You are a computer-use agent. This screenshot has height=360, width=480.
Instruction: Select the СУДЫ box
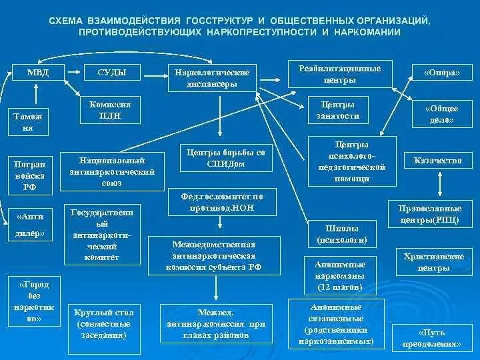111,72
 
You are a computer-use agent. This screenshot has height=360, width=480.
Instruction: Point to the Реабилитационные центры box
340,73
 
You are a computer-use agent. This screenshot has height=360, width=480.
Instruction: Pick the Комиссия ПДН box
109,111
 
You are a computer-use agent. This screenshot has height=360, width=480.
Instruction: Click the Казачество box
437,161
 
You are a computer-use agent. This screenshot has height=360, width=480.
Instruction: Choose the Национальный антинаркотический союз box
112,171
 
